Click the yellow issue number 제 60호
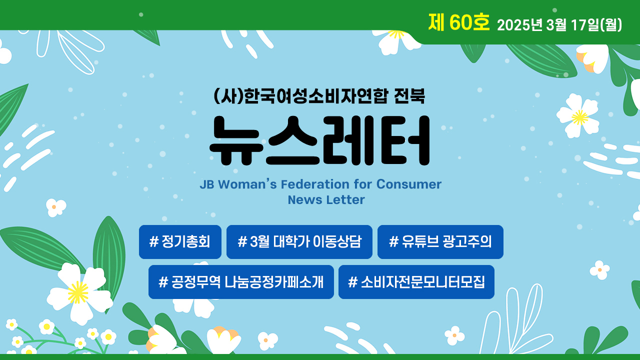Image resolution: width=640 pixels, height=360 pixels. click(x=459, y=22)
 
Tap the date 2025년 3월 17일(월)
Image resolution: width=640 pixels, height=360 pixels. click(x=559, y=25)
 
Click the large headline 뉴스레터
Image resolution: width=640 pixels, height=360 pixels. click(x=319, y=140)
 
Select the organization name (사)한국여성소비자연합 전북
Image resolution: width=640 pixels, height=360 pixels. click(x=319, y=96)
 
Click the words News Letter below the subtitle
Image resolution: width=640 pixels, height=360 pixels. click(x=326, y=199)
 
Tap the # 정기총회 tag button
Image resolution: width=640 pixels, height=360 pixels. click(x=180, y=241)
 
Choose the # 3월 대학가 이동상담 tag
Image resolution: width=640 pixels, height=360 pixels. click(x=299, y=241)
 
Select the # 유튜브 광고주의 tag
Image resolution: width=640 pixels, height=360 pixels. click(x=440, y=241)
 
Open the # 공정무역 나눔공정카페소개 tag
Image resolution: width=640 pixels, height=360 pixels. click(x=241, y=282)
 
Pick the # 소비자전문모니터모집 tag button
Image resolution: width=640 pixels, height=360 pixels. click(x=416, y=282)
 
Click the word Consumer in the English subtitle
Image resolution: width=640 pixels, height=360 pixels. click(x=409, y=184)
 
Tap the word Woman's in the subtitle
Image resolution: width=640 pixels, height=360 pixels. click(x=247, y=184)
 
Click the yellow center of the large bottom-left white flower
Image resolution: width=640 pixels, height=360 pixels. click(x=77, y=292)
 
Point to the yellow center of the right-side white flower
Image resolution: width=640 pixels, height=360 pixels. click(x=579, y=117)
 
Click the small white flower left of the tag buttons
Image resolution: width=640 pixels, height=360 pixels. click(x=55, y=207)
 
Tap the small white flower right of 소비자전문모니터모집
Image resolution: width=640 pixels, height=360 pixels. click(x=599, y=270)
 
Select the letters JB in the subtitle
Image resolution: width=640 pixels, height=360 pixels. click(x=207, y=184)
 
